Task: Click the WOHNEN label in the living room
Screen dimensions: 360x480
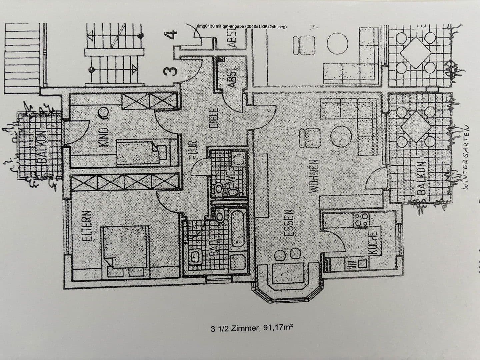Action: click(313, 175)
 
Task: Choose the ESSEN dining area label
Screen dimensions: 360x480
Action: click(289, 223)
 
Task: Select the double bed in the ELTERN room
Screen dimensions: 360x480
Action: click(125, 247)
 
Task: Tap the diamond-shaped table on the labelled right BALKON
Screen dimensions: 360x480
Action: click(416, 126)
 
